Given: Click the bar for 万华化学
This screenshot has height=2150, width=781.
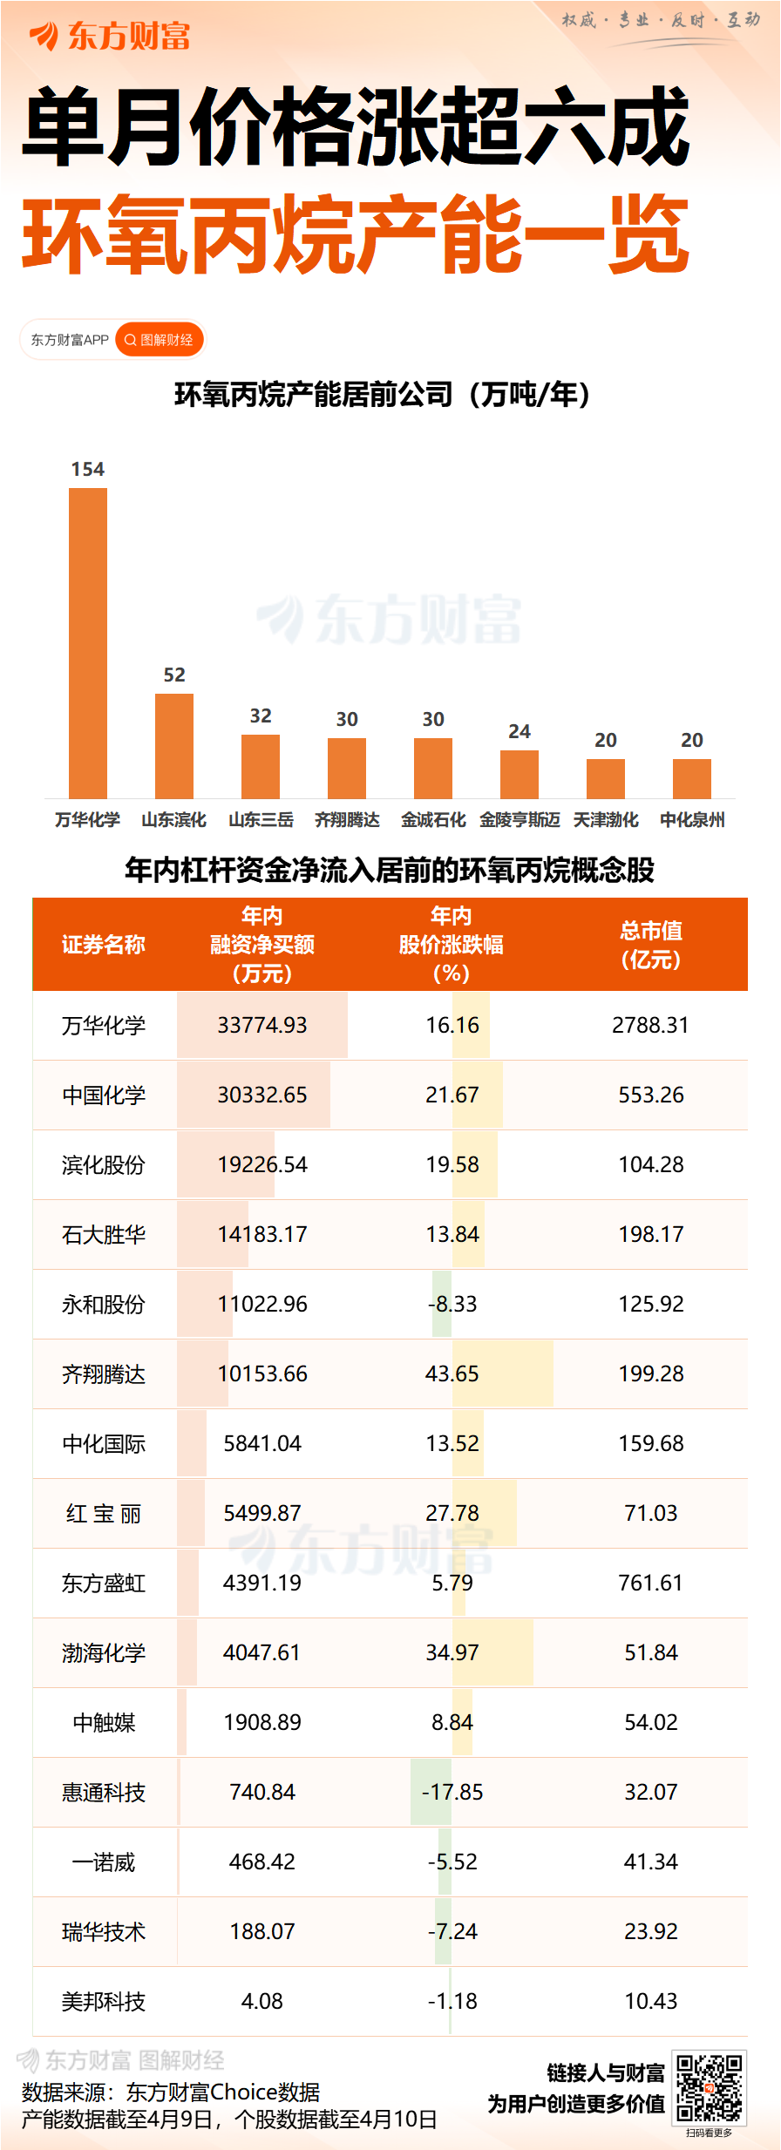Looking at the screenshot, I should (x=88, y=642).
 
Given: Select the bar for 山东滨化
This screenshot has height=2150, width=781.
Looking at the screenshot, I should (x=174, y=745).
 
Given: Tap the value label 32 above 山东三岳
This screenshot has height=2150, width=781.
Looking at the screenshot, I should (x=261, y=716).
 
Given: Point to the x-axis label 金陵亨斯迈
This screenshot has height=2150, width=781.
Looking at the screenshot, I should (x=520, y=819).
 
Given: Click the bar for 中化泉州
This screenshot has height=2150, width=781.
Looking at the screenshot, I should (x=692, y=778).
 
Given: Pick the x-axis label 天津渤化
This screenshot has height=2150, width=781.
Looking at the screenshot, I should (x=606, y=819).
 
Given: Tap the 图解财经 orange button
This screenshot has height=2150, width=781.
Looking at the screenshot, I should (x=160, y=340).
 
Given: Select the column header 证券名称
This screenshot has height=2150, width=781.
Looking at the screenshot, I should (x=104, y=945).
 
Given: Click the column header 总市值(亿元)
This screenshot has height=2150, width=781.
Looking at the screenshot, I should (x=650, y=945).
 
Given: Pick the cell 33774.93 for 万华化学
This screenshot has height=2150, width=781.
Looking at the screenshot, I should (x=262, y=1025).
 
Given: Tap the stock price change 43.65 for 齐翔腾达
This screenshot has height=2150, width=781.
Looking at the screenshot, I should (x=452, y=1373).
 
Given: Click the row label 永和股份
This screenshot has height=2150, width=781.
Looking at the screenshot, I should (x=104, y=1305).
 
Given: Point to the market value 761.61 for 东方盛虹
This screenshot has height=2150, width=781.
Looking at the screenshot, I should (x=650, y=1583).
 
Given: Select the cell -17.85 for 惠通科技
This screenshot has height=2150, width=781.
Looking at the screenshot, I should (x=452, y=1792).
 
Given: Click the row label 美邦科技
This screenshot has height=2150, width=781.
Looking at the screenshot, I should (x=104, y=2002).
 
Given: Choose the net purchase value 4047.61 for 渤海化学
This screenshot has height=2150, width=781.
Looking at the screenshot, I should (x=261, y=1652).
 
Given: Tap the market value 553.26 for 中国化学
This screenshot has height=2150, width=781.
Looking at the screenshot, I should (x=650, y=1095).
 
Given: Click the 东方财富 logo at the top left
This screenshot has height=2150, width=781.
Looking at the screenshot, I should (x=110, y=37).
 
